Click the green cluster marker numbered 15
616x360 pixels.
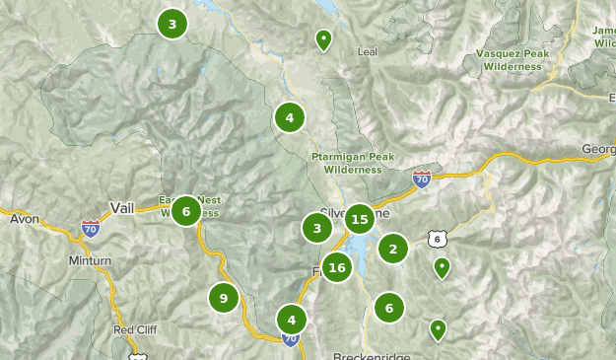(x=360, y=219)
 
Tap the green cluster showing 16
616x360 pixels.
(x=337, y=267)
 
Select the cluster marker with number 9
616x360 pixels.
(x=224, y=298)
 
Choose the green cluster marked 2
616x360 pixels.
(x=392, y=249)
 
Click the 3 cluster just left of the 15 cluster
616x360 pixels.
(x=316, y=229)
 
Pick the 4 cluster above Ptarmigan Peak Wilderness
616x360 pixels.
(x=289, y=118)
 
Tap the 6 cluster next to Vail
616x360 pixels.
(x=186, y=210)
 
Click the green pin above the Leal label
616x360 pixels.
(x=323, y=39)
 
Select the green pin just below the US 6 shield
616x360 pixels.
(x=442, y=267)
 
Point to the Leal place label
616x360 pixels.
(x=367, y=52)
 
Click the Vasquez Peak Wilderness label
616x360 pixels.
(x=510, y=60)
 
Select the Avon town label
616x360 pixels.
(x=25, y=218)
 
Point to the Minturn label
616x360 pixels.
(x=62, y=261)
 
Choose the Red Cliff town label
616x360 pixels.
(x=135, y=329)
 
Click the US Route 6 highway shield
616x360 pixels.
(x=437, y=239)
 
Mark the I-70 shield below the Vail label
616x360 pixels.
(x=91, y=228)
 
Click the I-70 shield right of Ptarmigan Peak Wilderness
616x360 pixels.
(x=422, y=179)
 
